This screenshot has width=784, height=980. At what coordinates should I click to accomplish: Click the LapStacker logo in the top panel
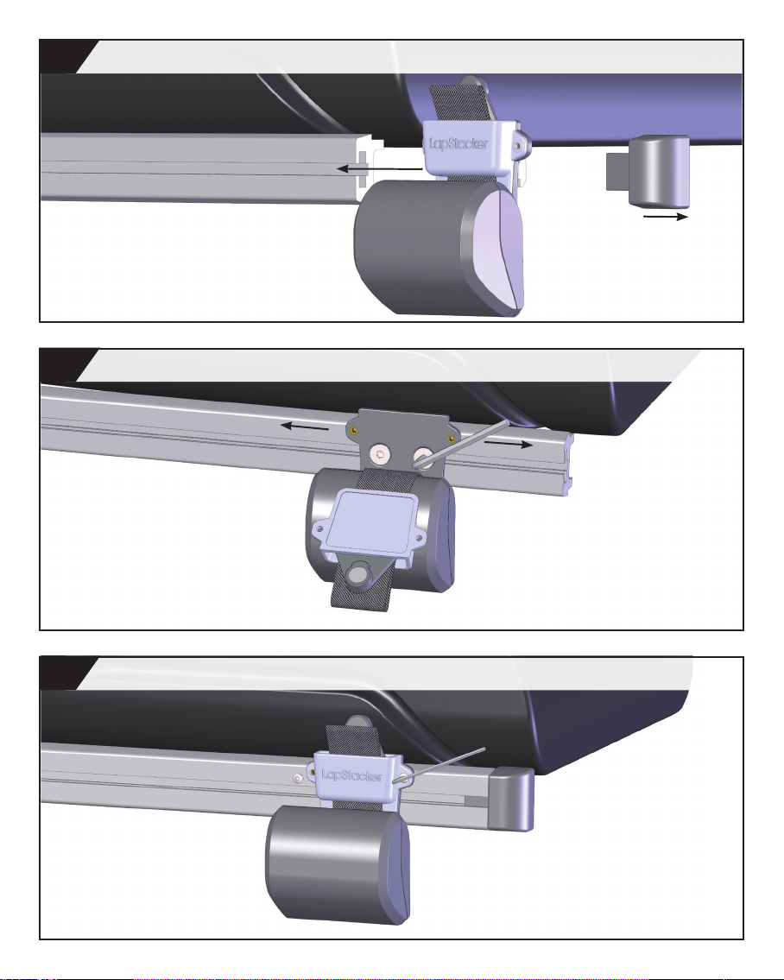tap(458, 143)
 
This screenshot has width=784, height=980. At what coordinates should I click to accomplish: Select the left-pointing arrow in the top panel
tap(381, 168)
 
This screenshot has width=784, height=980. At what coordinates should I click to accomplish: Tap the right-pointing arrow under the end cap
tap(666, 217)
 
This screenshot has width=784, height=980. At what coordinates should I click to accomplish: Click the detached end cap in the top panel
tap(650, 171)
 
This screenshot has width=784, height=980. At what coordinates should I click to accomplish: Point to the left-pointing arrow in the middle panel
tap(305, 427)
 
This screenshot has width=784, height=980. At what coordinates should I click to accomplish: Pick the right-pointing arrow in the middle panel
tap(509, 444)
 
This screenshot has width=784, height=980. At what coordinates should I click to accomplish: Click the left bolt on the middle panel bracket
tap(379, 455)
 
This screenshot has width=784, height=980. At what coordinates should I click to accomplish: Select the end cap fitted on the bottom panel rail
tap(512, 800)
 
